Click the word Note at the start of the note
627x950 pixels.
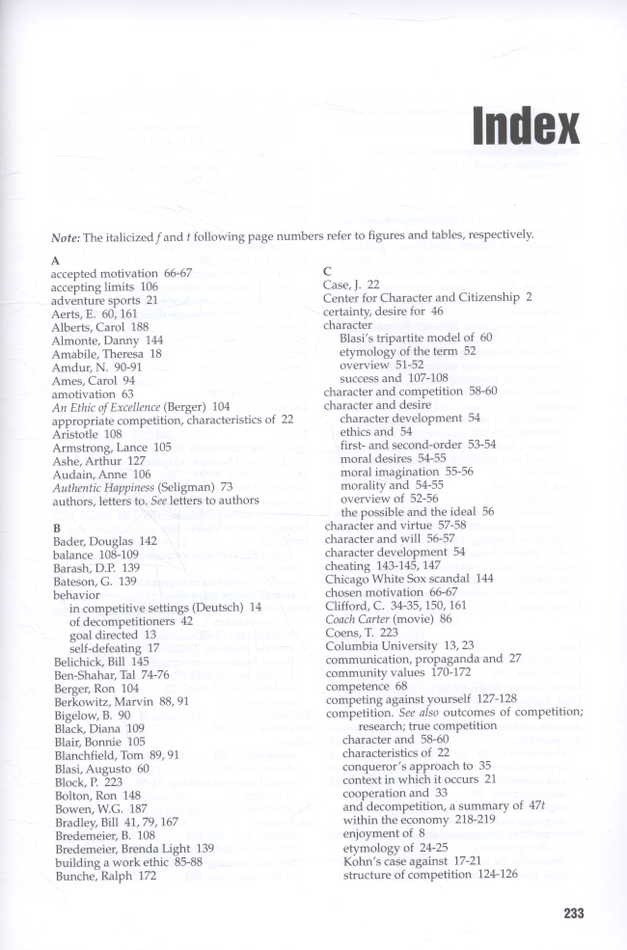[66, 237]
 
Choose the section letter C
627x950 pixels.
[329, 272]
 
